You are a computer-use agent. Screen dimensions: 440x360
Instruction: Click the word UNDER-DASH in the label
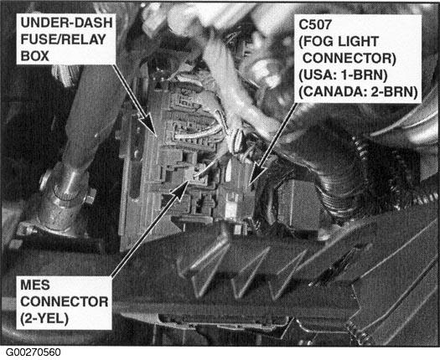(x=66, y=23)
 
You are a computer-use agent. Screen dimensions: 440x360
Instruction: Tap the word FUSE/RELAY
(x=64, y=39)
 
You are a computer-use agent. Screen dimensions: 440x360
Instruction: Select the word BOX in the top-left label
(x=35, y=56)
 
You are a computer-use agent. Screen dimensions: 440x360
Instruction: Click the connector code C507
(x=315, y=24)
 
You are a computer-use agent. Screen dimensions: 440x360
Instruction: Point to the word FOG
(x=316, y=42)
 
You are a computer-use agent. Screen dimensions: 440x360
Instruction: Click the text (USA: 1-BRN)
(x=343, y=75)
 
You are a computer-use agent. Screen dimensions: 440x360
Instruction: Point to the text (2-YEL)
(x=44, y=318)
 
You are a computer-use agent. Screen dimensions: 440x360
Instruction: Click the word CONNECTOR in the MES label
(x=65, y=302)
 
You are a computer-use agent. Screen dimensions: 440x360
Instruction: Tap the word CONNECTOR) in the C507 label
(x=349, y=59)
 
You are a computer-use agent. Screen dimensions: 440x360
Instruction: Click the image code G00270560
(x=34, y=352)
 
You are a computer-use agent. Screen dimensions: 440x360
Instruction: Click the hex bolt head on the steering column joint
(x=91, y=196)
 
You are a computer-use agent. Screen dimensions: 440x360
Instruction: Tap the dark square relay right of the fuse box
(x=297, y=204)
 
